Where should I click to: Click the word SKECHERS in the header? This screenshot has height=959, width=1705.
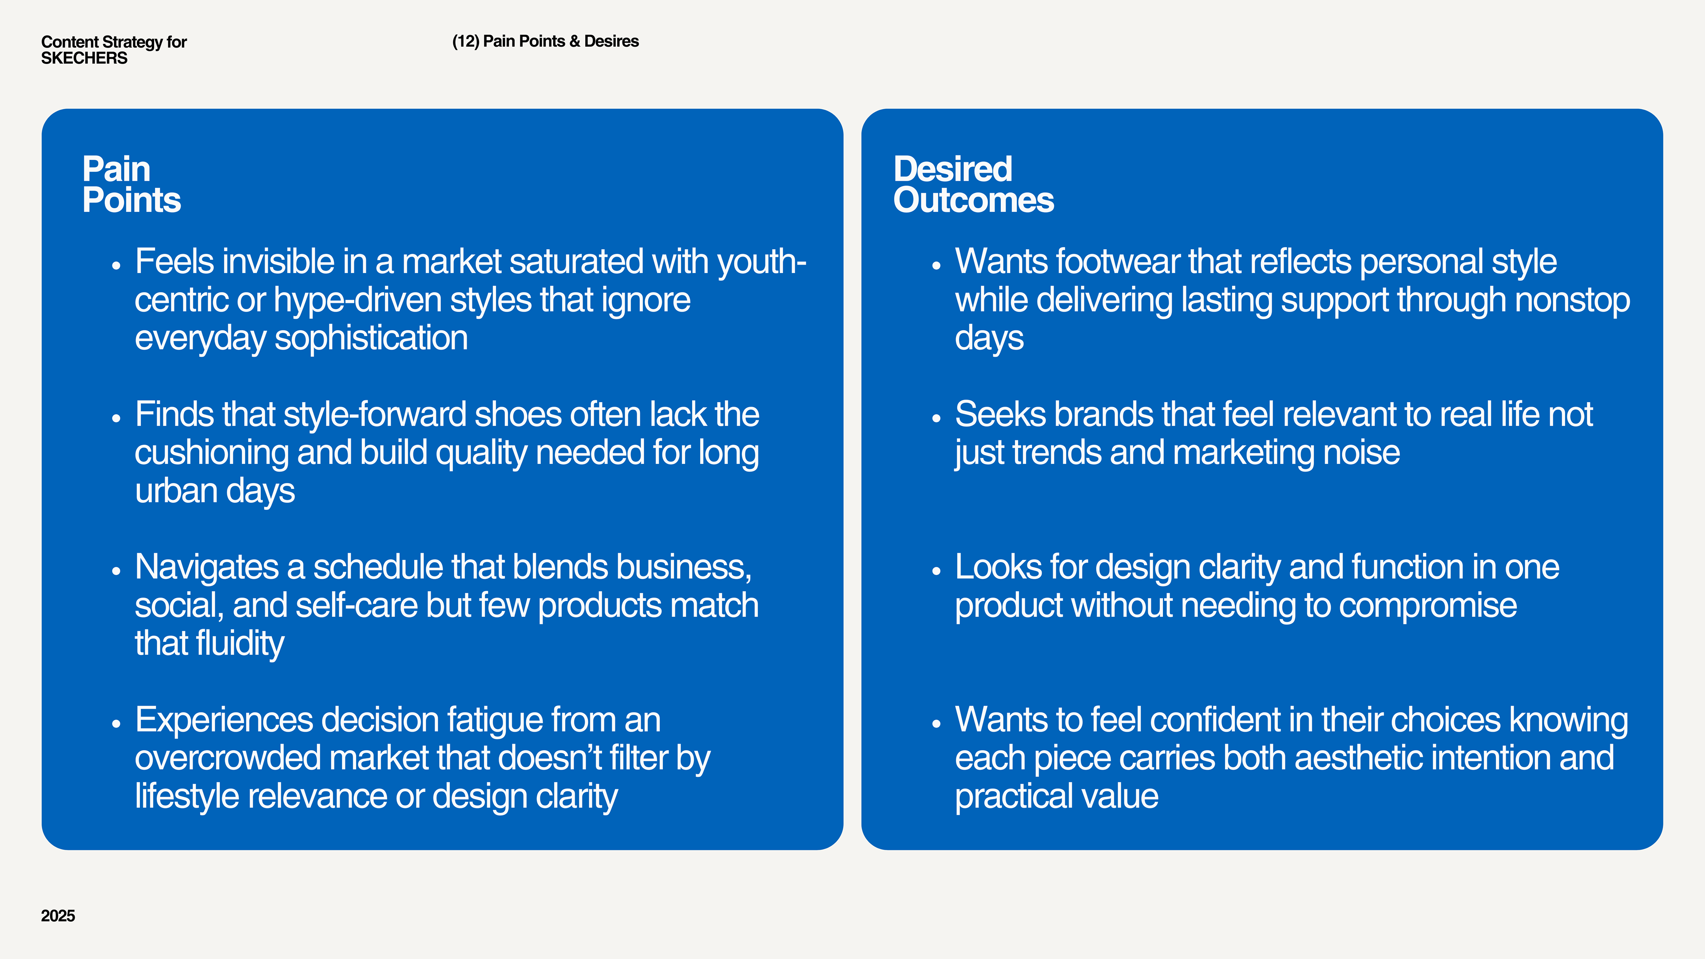coord(84,58)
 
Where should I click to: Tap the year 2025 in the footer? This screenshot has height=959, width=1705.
coord(58,915)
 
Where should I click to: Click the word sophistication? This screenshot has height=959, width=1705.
coord(371,339)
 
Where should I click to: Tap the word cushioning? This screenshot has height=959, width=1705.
coord(211,453)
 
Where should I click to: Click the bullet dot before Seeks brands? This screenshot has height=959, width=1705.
coord(936,418)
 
